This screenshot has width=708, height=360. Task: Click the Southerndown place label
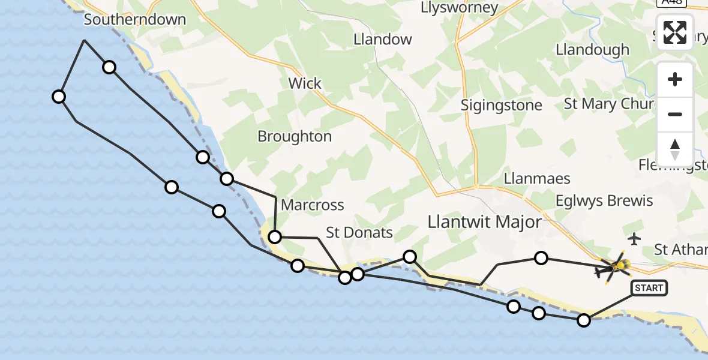(x=135, y=20)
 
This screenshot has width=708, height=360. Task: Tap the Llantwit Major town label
(x=485, y=223)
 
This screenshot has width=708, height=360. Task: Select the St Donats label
(x=359, y=233)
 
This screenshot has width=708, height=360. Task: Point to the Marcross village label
(x=313, y=205)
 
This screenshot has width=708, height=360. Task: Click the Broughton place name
(x=295, y=136)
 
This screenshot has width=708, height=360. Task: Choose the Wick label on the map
(x=305, y=83)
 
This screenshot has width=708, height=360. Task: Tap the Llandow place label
(x=383, y=40)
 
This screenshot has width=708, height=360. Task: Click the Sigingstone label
(x=502, y=105)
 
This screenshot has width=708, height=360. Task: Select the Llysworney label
(x=460, y=8)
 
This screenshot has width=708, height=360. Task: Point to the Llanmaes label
(x=537, y=179)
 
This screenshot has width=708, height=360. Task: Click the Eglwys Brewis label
(x=605, y=200)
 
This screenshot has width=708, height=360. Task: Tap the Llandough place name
(x=593, y=50)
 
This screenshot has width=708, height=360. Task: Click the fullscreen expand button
(x=675, y=32)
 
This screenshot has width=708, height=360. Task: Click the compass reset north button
(x=675, y=149)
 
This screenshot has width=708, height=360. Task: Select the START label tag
(x=649, y=289)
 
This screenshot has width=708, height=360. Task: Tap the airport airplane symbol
(x=634, y=239)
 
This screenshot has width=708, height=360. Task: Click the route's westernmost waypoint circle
(x=59, y=96)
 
